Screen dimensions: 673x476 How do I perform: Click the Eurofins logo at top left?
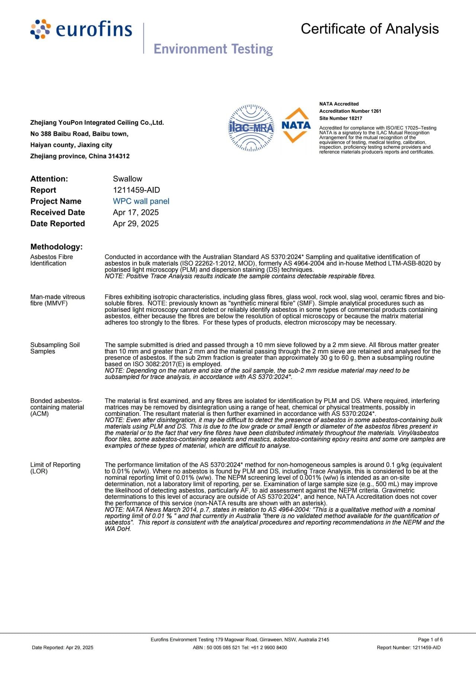coord(81,29)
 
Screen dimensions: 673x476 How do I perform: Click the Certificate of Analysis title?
coord(370,29)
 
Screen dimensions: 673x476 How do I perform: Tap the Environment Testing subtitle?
coord(213,49)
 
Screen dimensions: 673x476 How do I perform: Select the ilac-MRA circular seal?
coord(251,128)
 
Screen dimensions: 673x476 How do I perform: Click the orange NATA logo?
coord(296,125)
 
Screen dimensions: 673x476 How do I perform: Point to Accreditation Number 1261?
coord(350,111)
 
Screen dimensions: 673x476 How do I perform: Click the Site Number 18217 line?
coord(340,118)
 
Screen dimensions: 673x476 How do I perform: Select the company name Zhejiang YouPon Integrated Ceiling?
coord(97,123)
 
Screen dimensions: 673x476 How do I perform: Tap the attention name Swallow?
coord(128,179)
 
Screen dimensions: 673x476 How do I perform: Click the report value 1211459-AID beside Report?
coord(136,190)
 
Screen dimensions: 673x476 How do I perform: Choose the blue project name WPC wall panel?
coord(141,201)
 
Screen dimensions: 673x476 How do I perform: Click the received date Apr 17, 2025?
coord(136,212)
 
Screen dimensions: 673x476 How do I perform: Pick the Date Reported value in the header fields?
coord(136,223)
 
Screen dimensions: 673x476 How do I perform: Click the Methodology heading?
coord(57,247)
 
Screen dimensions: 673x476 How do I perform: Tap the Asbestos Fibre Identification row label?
coord(52,260)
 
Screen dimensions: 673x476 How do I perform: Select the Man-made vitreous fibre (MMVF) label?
coord(58,300)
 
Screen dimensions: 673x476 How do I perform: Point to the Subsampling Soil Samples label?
coord(55,348)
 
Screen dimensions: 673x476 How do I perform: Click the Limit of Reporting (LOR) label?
coord(55,468)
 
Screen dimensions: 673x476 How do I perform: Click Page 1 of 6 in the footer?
coord(430,640)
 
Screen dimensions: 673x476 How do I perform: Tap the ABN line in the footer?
coord(240,647)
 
